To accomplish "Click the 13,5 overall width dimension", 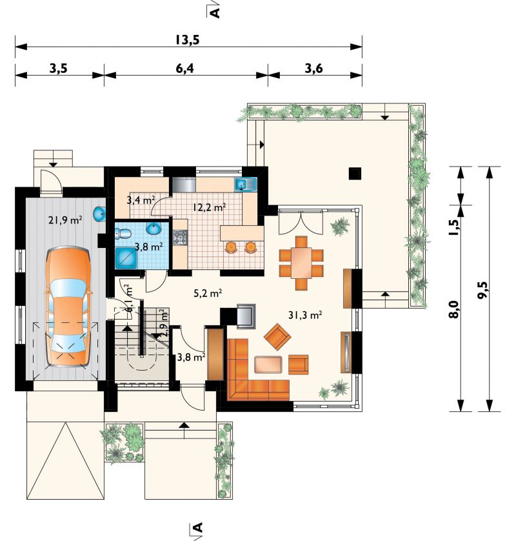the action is [x=187, y=40].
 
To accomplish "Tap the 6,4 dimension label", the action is [x=184, y=68].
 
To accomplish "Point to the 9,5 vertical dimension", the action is [x=483, y=290].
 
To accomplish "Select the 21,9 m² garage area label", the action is [x=65, y=219].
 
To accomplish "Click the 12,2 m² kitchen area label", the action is [x=210, y=207].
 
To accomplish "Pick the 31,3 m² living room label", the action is [x=305, y=314].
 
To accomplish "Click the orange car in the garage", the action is [x=68, y=307].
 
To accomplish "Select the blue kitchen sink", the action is [x=246, y=185].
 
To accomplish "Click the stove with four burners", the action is [x=180, y=238].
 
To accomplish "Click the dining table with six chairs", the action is [x=301, y=263].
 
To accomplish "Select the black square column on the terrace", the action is [x=355, y=173].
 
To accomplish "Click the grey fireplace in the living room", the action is [x=246, y=314].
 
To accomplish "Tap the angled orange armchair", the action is [x=277, y=337].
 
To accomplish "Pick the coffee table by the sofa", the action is [x=268, y=365].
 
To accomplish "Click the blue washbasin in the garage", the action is [x=99, y=214].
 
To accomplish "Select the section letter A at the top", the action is [x=215, y=13].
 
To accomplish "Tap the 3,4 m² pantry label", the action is [x=141, y=199].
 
